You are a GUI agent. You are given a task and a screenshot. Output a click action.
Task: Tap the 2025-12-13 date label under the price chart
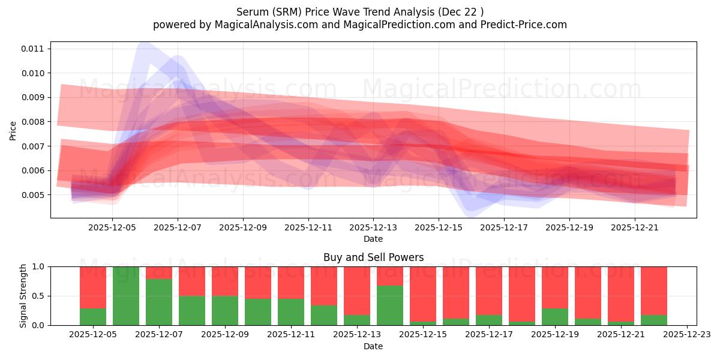(x=373, y=228)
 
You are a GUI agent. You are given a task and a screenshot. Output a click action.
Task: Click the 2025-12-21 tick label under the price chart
(x=635, y=228)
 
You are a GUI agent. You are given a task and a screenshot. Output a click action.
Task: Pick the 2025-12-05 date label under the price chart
(x=112, y=228)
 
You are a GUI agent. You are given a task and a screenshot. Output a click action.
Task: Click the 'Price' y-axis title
(x=13, y=130)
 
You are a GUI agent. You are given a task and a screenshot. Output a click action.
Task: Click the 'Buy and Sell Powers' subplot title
(x=373, y=257)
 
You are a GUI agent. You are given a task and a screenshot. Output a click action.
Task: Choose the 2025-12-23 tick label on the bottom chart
(x=686, y=335)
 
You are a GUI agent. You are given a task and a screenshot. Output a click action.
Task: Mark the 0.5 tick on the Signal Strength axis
(x=39, y=296)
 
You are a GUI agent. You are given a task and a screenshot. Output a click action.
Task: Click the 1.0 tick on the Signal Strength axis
(x=39, y=266)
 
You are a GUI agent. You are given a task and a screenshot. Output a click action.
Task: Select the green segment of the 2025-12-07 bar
(x=159, y=302)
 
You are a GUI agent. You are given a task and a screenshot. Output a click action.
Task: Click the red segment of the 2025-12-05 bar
(x=93, y=287)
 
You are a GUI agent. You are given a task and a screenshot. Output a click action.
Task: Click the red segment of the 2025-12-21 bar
(x=621, y=294)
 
